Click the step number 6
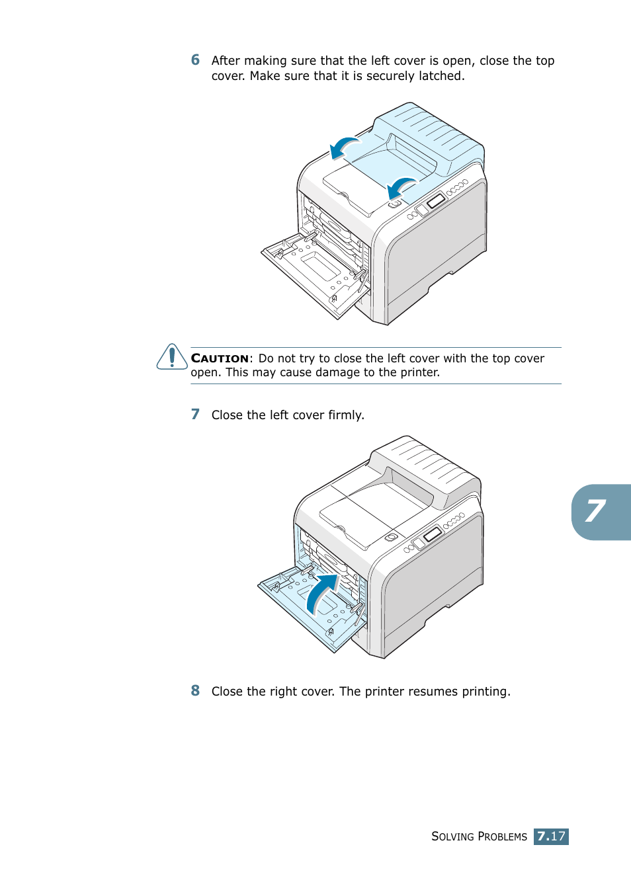pyautogui.click(x=195, y=60)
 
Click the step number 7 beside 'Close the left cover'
pyautogui.click(x=195, y=415)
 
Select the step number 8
pyautogui.click(x=195, y=691)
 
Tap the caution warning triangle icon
pyautogui.click(x=172, y=357)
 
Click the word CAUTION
pyautogui.click(x=220, y=358)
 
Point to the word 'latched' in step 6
pyautogui.click(x=441, y=76)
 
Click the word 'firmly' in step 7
pyautogui.click(x=345, y=415)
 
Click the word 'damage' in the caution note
pyautogui.click(x=337, y=372)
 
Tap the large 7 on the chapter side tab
pyautogui.click(x=595, y=511)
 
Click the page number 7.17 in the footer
pyautogui.click(x=551, y=836)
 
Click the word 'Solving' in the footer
pyautogui.click(x=452, y=836)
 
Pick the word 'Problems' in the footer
pyautogui.click(x=502, y=836)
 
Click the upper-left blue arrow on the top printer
pyautogui.click(x=344, y=147)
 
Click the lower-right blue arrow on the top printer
pyautogui.click(x=401, y=187)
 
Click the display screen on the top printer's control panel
pyautogui.click(x=435, y=200)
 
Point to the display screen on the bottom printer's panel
pyautogui.click(x=432, y=534)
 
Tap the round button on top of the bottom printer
pyautogui.click(x=392, y=537)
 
